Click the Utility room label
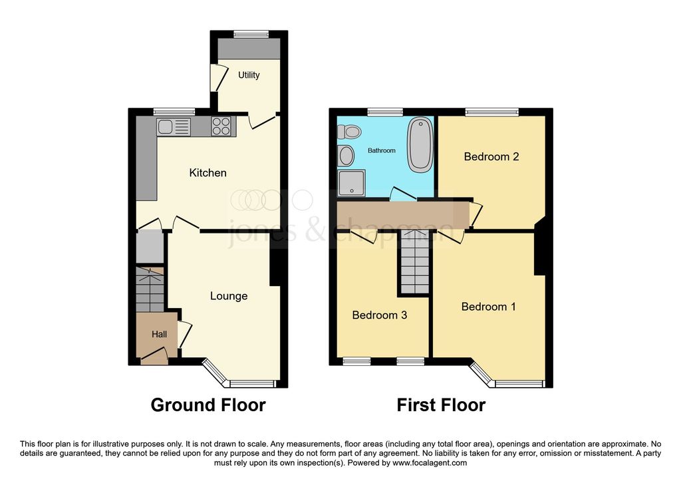[249, 75]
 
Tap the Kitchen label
[207, 173]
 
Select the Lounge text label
[229, 296]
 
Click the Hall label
[159, 334]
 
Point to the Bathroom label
[381, 151]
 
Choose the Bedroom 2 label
[491, 156]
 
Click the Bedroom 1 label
[489, 307]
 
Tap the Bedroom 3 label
[379, 315]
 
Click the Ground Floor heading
[208, 405]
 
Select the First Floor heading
[441, 405]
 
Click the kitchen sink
[174, 127]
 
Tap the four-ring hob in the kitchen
[221, 126]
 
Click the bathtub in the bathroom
[420, 145]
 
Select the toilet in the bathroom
[349, 131]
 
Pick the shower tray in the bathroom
[351, 184]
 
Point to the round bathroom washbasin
[346, 156]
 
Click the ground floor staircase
[150, 289]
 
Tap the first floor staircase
[415, 262]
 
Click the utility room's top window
[251, 34]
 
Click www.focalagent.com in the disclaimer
[430, 463]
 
